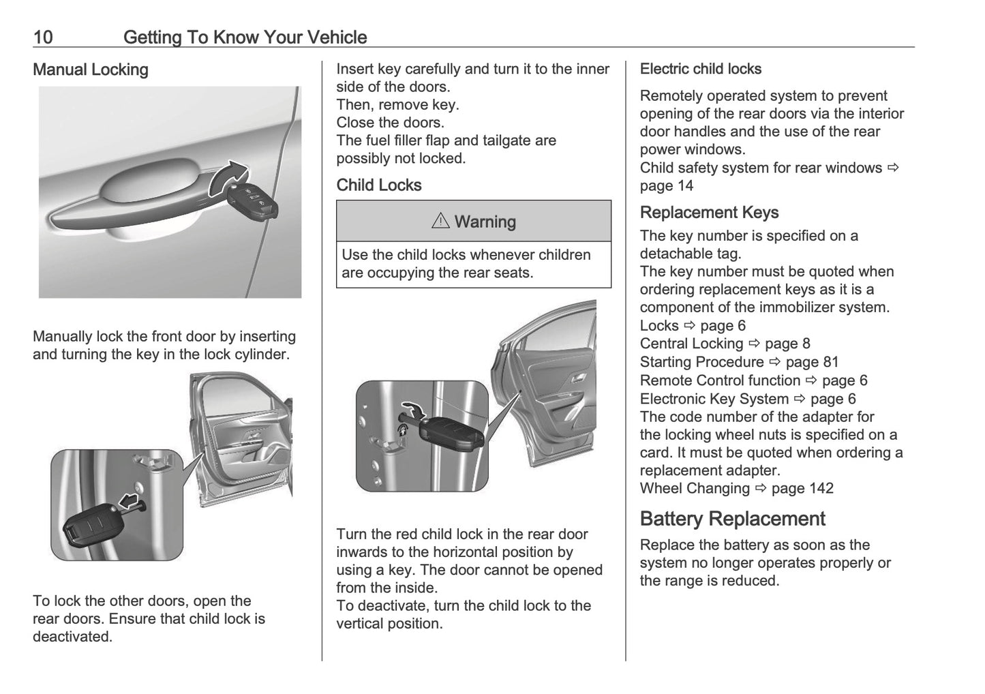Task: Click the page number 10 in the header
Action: (43, 37)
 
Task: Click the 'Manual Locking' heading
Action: (91, 70)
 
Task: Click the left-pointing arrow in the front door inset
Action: (129, 502)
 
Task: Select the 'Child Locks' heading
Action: (379, 185)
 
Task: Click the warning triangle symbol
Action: (440, 222)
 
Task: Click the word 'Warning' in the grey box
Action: (485, 222)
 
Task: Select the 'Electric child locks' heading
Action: (701, 70)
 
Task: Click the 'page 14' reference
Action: (666, 185)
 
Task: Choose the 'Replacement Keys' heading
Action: (709, 213)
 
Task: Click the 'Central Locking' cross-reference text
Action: (691, 344)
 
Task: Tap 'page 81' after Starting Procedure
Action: (812, 362)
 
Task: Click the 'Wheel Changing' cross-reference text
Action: (695, 488)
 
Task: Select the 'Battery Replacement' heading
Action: (732, 519)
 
